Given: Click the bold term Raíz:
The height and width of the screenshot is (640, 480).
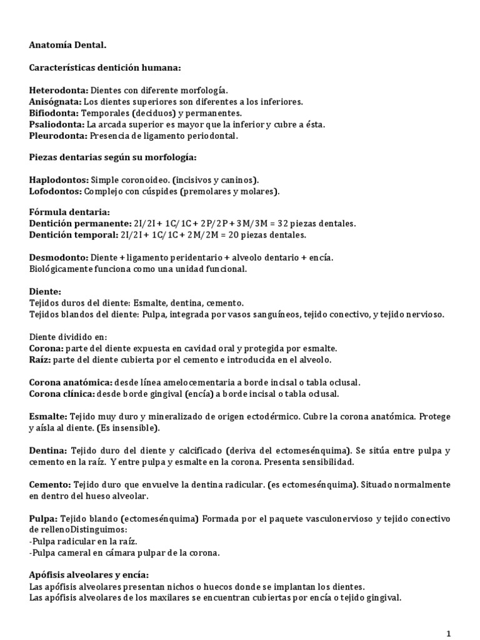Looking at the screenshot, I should [x=40, y=360].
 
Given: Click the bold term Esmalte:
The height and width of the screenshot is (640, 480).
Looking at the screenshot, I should [x=48, y=416].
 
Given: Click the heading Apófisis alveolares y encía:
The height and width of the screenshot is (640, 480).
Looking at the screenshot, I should [x=89, y=575].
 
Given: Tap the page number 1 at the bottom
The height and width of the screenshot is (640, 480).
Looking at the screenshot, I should [x=449, y=634].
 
